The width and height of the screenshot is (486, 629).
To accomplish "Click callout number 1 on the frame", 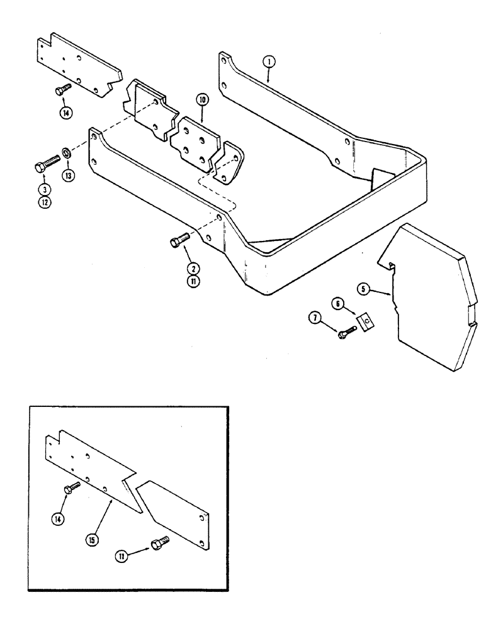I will [269, 62].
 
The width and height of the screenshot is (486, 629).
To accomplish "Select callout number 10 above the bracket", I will [201, 100].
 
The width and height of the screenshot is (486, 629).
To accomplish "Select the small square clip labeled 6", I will [364, 322].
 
